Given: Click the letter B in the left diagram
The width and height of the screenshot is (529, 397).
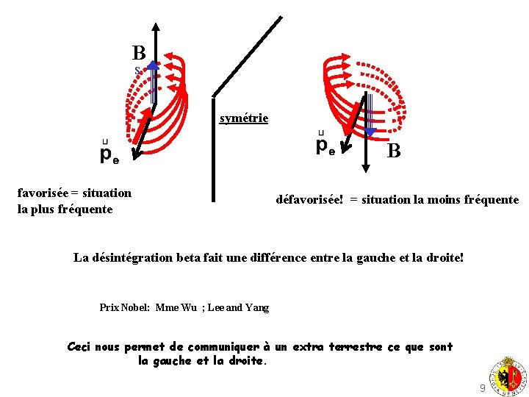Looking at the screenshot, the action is point(139,53).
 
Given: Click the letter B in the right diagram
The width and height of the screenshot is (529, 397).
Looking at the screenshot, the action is point(394,151).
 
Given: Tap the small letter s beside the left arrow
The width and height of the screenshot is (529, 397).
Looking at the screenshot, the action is point(137,71).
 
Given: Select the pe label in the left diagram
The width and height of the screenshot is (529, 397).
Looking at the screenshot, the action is point(109,155).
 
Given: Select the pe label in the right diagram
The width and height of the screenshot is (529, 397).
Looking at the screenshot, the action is point(325,146).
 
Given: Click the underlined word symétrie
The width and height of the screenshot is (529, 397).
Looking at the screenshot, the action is point(244,118).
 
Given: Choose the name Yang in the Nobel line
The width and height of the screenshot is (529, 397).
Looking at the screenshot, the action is point(257,307).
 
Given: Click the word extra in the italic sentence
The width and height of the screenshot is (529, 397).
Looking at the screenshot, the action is point(310,346).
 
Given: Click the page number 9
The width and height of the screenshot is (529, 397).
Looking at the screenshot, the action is point(482,387).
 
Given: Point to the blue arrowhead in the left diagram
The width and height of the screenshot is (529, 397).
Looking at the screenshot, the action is point(153,65).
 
